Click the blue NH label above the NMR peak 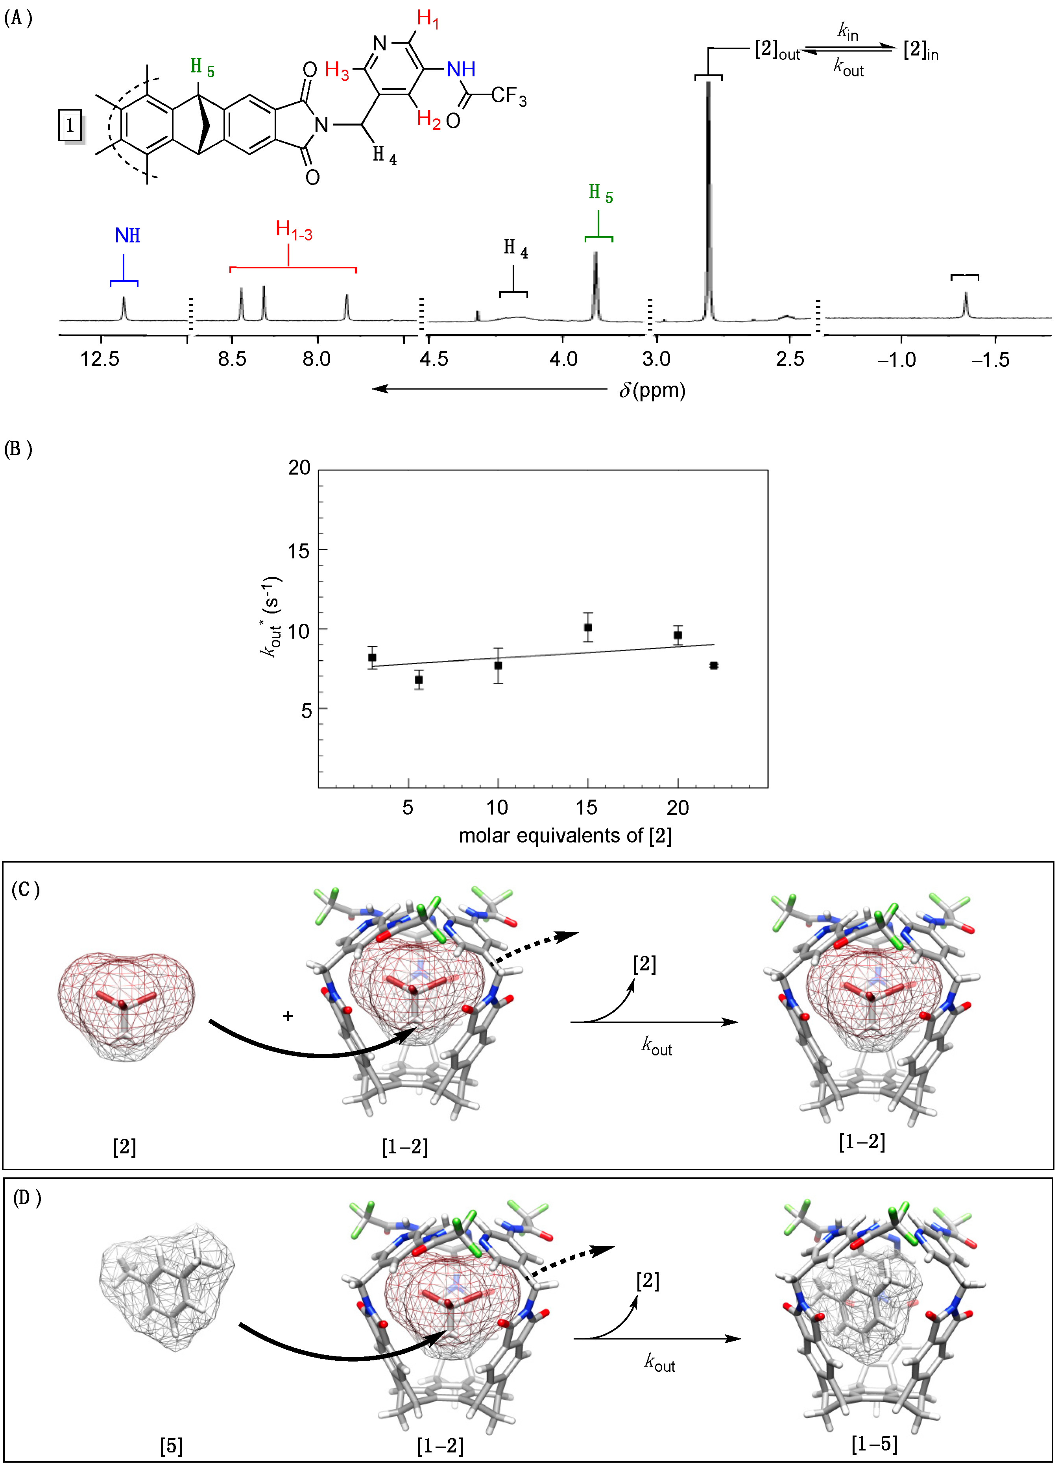coord(127,235)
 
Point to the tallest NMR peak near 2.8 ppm coord(708,194)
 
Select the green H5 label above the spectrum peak coord(600,193)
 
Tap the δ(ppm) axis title coord(652,390)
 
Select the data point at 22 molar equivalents coord(713,665)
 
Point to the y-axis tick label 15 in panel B coord(299,551)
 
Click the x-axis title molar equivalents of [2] coord(565,836)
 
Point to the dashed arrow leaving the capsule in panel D coord(569,1261)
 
